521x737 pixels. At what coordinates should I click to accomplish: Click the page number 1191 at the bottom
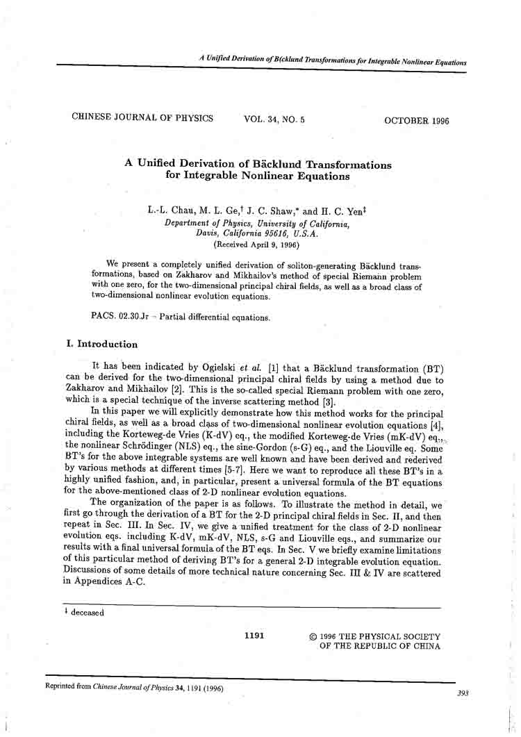click(254, 636)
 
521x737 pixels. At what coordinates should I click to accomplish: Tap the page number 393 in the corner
click(463, 693)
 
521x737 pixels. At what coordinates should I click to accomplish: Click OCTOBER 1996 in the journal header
click(416, 121)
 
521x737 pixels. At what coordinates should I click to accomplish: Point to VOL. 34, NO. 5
click(274, 119)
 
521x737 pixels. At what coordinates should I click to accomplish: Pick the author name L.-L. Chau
click(173, 210)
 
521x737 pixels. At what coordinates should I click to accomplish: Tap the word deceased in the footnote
click(88, 613)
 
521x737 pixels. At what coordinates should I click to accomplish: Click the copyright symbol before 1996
click(313, 636)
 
